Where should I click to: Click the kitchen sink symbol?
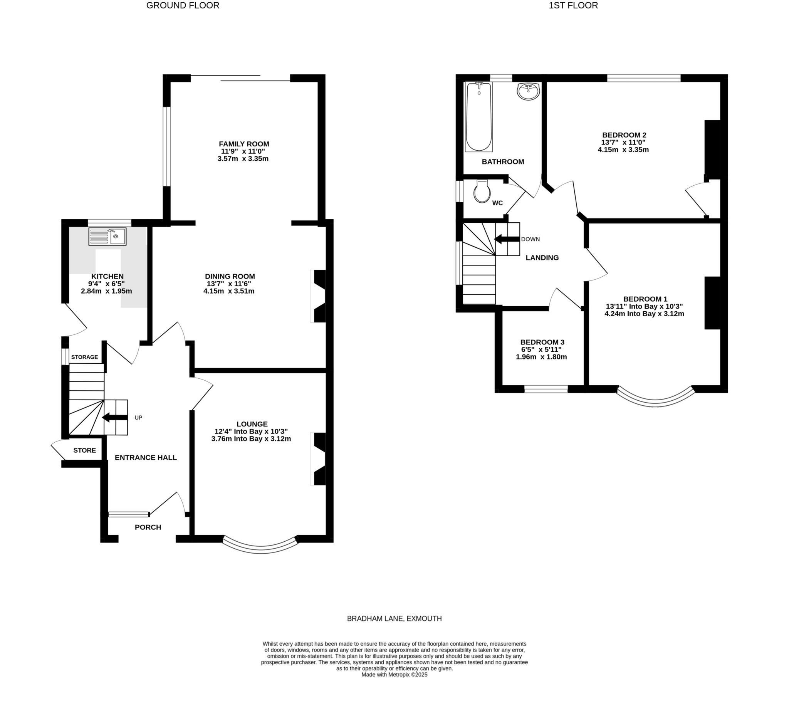pos(107,236)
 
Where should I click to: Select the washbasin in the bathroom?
pos(528,92)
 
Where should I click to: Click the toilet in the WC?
pos(482,191)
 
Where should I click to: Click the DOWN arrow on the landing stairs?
pos(507,239)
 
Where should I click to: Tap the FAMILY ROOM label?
pos(244,144)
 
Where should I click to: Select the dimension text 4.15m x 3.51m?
pos(229,291)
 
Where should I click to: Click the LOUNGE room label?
pos(252,424)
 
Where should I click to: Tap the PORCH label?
pos(148,527)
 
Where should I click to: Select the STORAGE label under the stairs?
pos(84,357)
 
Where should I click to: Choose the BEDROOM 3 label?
pos(542,342)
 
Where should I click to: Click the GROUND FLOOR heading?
pos(183,5)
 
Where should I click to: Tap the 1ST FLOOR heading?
pos(573,5)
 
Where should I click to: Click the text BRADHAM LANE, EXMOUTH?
pos(394,618)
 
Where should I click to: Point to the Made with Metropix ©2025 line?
pos(394,675)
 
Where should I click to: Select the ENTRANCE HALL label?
pos(146,457)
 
